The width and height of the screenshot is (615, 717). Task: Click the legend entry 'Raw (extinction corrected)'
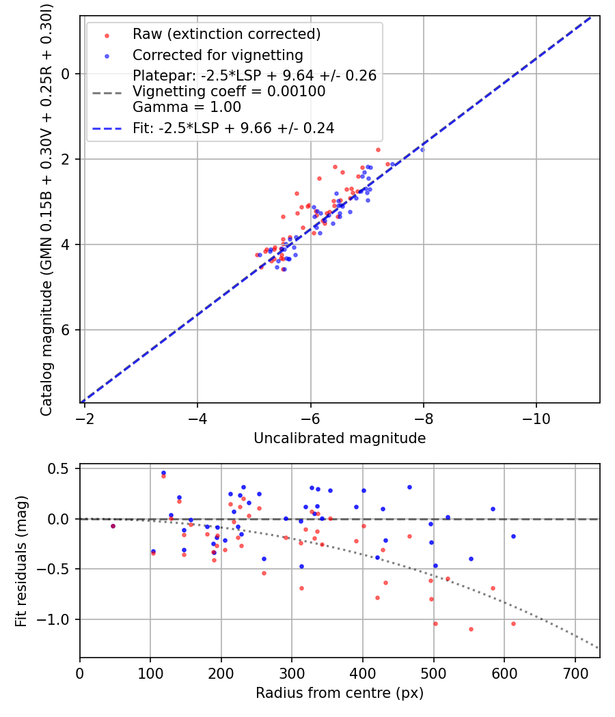[226, 34]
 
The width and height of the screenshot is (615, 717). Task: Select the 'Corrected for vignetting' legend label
[217, 55]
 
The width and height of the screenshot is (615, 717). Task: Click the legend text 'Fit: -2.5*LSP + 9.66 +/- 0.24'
[233, 128]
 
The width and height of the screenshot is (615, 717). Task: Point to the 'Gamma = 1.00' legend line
[187, 107]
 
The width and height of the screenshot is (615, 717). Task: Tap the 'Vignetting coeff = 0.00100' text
[229, 92]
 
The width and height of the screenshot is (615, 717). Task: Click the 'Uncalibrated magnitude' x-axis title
[340, 438]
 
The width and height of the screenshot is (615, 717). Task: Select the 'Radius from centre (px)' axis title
[340, 693]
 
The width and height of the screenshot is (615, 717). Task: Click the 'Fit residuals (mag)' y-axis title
[21, 561]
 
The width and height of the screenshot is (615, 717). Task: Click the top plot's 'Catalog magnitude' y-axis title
[46, 209]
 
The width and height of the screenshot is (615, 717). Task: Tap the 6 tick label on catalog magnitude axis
[66, 330]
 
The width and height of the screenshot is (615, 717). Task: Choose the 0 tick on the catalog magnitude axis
[66, 74]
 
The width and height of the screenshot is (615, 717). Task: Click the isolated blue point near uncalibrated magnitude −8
[422, 150]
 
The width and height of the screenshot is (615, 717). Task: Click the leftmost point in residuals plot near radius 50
[113, 526]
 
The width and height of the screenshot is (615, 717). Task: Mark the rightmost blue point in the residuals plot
[513, 536]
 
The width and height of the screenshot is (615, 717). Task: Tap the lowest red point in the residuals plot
[471, 629]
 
